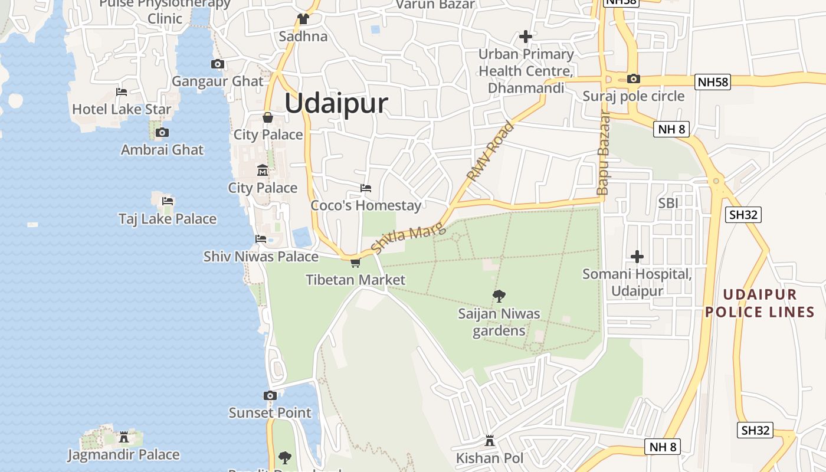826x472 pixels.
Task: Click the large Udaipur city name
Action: pos(336,103)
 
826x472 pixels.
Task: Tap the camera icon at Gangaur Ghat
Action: pos(218,64)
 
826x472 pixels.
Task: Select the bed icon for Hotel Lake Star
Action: pos(122,92)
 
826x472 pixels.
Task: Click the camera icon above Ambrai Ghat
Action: pos(162,132)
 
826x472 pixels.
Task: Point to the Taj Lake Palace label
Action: pos(168,219)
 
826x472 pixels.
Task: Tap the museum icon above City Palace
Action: pos(263,171)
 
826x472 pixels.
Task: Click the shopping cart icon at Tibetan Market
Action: pos(355,263)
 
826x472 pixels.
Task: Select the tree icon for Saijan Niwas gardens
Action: pos(499,296)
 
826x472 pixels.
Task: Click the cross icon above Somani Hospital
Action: pos(637,257)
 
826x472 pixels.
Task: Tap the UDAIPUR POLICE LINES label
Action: pos(760,303)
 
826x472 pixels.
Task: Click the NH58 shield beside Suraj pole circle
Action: pos(713,82)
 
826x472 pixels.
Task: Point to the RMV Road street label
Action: pos(490,151)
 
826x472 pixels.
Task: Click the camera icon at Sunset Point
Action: pos(270,395)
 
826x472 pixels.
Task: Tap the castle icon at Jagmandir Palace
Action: pos(124,437)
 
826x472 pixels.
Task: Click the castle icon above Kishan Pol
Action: pos(489,440)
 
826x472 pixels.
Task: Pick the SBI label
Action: pos(668,203)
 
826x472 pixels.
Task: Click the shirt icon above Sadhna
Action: pos(303,19)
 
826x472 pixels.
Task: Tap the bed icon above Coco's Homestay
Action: pos(366,188)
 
